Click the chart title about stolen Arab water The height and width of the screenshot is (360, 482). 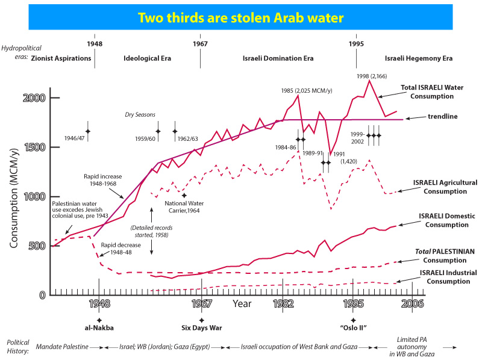pyautogui.click(x=241, y=17)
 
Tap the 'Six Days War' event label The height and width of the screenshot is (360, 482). pyautogui.click(x=201, y=328)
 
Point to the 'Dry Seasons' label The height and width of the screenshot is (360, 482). pyautogui.click(x=140, y=114)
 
